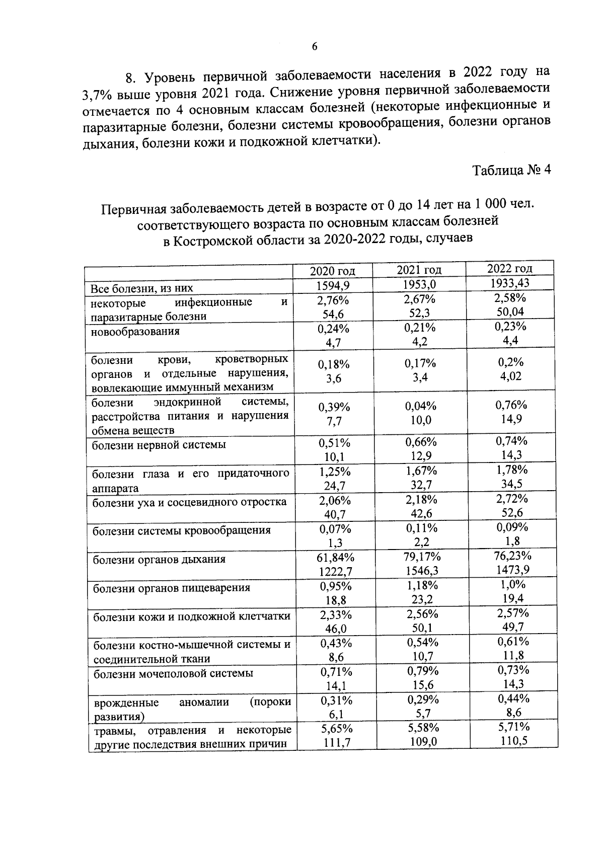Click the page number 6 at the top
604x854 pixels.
(315, 47)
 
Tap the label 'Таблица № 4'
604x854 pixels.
(511, 170)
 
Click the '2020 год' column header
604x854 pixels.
(332, 271)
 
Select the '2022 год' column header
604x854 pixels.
(510, 268)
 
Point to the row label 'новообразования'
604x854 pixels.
(135, 332)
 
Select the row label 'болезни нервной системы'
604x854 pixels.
(159, 445)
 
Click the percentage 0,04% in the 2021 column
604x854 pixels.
(421, 406)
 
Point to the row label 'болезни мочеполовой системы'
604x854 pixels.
(173, 673)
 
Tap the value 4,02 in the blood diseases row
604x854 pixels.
(510, 376)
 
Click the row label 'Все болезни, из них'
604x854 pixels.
(142, 289)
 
